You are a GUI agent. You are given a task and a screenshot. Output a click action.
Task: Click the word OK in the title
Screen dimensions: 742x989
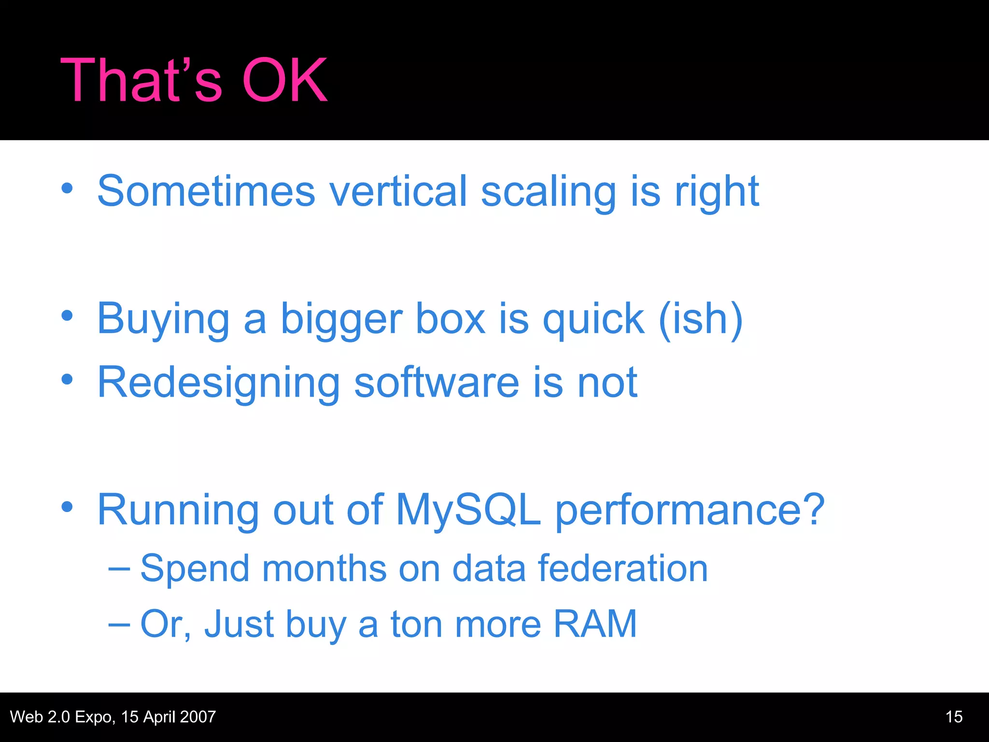click(285, 80)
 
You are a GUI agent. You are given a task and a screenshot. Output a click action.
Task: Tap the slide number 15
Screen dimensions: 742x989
click(954, 717)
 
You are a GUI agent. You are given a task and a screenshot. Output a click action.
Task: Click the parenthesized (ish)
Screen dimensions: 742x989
click(700, 319)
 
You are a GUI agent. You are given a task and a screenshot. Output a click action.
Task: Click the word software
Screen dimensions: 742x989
click(437, 383)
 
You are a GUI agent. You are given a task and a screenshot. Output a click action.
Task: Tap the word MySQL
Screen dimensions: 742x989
click(468, 510)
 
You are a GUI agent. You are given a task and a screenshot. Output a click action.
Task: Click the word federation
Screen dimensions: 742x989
click(623, 568)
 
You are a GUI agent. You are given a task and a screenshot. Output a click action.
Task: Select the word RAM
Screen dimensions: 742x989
click(595, 624)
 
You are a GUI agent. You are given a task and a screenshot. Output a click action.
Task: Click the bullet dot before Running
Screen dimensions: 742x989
click(67, 507)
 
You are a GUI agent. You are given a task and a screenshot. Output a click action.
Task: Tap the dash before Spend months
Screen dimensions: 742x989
click(119, 569)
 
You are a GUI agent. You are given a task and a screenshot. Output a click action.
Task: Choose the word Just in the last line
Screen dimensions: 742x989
click(239, 624)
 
